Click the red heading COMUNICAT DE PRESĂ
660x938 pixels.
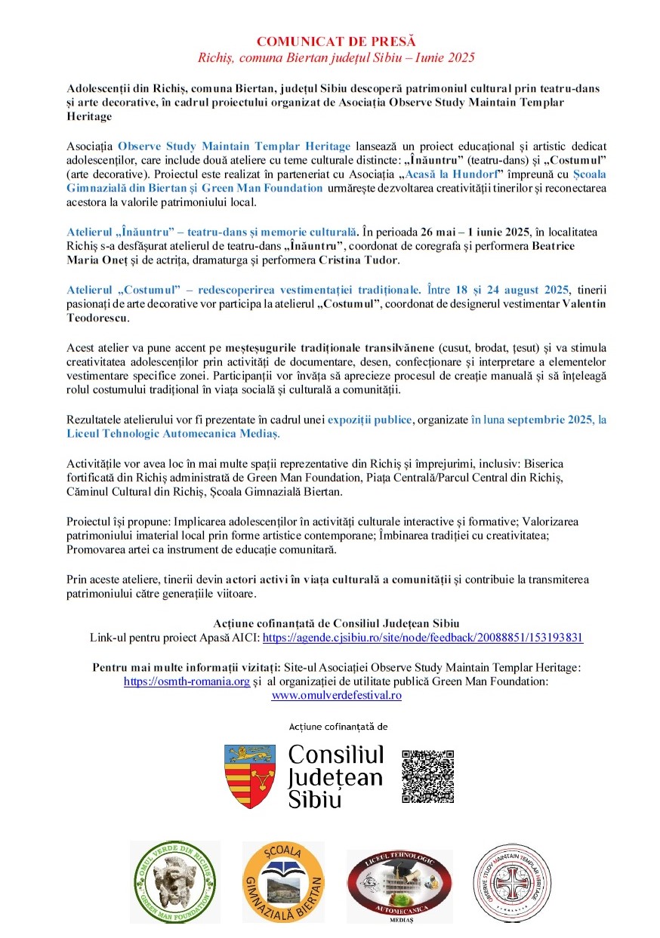pyautogui.click(x=336, y=41)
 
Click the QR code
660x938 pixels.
pyautogui.click(x=427, y=777)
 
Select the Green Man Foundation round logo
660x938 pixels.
pyautogui.click(x=174, y=881)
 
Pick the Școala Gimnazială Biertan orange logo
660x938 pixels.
pyautogui.click(x=283, y=881)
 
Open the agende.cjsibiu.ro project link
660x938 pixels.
pyautogui.click(x=422, y=638)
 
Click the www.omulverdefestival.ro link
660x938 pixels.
pyautogui.click(x=336, y=695)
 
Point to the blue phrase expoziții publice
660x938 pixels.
pyautogui.click(x=369, y=420)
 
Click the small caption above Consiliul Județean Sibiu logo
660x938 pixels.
pyautogui.click(x=338, y=727)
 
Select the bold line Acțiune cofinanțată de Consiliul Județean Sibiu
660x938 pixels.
pyautogui.click(x=336, y=623)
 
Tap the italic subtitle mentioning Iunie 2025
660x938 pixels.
pyautogui.click(x=336, y=57)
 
